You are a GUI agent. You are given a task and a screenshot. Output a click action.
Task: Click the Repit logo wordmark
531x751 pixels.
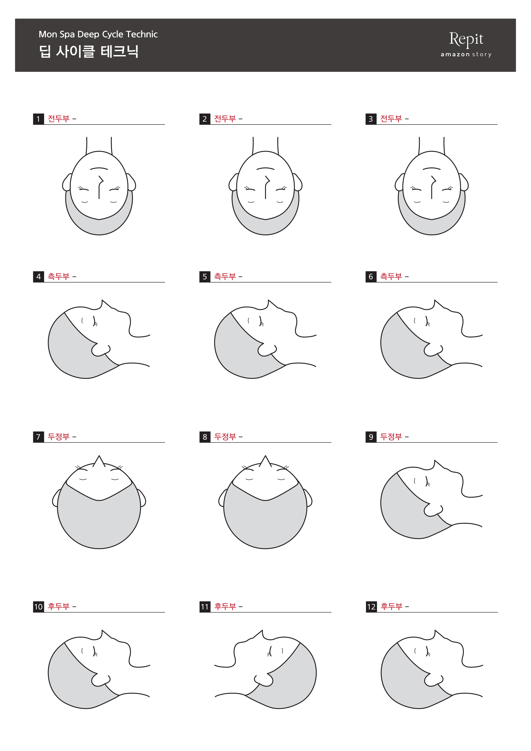(x=466, y=39)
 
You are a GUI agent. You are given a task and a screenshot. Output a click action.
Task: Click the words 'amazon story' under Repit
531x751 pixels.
(x=466, y=54)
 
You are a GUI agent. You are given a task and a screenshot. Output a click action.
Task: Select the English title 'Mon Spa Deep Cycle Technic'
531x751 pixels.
(x=98, y=34)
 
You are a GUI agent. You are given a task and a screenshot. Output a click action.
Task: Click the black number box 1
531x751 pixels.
(x=38, y=119)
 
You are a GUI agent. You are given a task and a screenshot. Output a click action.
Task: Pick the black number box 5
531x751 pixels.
(x=205, y=277)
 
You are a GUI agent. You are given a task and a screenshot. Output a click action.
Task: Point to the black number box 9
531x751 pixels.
(x=371, y=437)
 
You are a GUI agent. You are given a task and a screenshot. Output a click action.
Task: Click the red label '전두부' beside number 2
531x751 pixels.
(x=225, y=118)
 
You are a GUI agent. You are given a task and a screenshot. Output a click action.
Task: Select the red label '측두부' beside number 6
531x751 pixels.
(x=391, y=276)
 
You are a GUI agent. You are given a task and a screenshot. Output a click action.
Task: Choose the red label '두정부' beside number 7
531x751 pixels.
(x=58, y=437)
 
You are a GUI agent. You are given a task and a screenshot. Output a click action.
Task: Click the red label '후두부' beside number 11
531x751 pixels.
(x=225, y=606)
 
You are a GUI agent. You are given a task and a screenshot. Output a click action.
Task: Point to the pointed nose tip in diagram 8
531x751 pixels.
(x=265, y=456)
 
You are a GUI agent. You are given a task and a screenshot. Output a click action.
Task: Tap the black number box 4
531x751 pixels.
(x=38, y=277)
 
